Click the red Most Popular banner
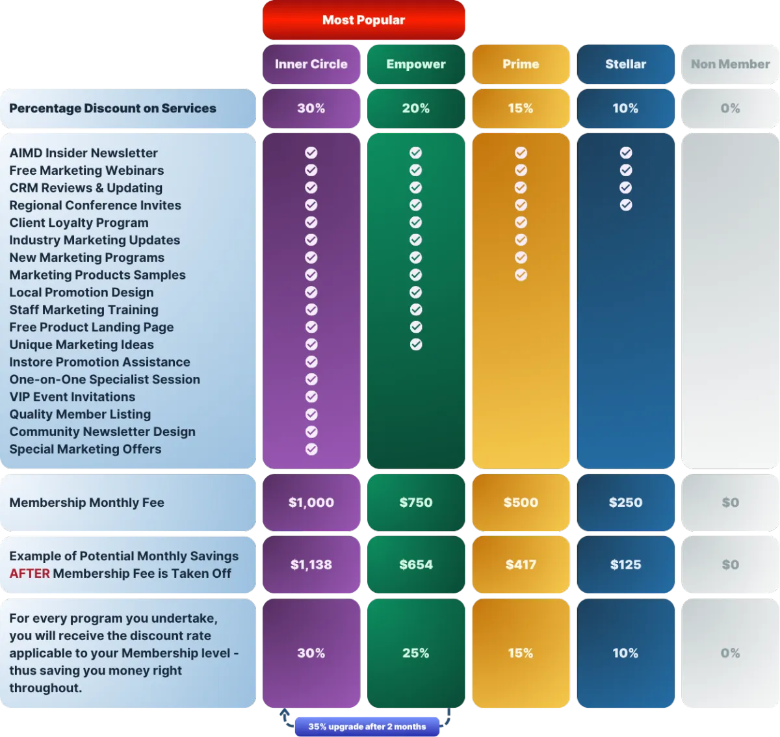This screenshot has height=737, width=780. pyautogui.click(x=363, y=19)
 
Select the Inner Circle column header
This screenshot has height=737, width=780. pyautogui.click(x=311, y=64)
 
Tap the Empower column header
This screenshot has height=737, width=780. pyautogui.click(x=416, y=64)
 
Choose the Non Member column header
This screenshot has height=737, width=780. pyautogui.click(x=730, y=64)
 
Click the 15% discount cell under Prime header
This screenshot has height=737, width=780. pyautogui.click(x=521, y=109)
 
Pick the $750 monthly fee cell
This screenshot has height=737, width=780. pyautogui.click(x=416, y=502)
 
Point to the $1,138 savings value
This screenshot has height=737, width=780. pyautogui.click(x=311, y=565)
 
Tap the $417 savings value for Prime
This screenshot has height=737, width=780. pyautogui.click(x=521, y=565)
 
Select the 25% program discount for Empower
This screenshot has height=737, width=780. pyautogui.click(x=416, y=653)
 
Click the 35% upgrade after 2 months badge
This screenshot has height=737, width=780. pyautogui.click(x=367, y=727)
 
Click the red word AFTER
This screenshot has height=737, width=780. pyautogui.click(x=30, y=574)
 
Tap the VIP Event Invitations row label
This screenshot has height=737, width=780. pyautogui.click(x=72, y=397)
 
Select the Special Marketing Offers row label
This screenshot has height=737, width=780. pyautogui.click(x=85, y=449)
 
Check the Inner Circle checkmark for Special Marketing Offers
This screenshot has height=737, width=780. pyautogui.click(x=311, y=449)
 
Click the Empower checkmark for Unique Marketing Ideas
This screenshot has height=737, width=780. pyautogui.click(x=416, y=344)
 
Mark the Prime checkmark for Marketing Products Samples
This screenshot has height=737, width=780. pyautogui.click(x=521, y=275)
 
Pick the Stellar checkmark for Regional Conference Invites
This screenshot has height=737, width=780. pyautogui.click(x=626, y=205)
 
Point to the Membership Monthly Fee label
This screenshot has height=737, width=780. pyautogui.click(x=87, y=502)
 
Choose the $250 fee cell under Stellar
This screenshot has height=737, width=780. pyautogui.click(x=626, y=502)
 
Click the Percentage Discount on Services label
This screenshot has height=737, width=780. pyautogui.click(x=112, y=109)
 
